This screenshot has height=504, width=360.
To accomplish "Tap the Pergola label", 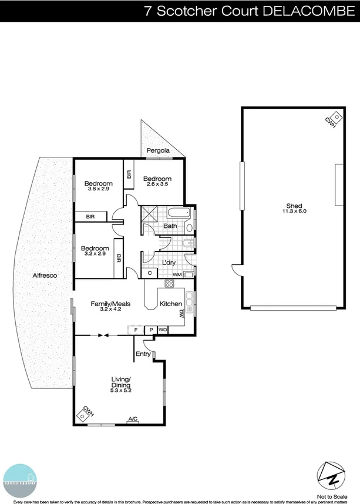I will click(158, 151).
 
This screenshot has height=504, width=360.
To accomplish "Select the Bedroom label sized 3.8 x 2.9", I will click(98, 183).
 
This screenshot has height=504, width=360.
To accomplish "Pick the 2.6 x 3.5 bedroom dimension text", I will click(157, 185).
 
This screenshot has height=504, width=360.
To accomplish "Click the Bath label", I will click(170, 226).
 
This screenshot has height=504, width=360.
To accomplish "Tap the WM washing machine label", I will click(177, 275).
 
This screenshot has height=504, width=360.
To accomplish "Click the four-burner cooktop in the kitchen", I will click(169, 284).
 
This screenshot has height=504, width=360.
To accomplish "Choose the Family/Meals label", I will click(110, 304).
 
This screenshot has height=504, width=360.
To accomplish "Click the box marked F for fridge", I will click(136, 330).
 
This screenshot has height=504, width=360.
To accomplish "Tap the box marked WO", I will click(163, 330).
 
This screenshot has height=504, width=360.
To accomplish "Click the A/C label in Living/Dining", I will click(133, 418).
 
